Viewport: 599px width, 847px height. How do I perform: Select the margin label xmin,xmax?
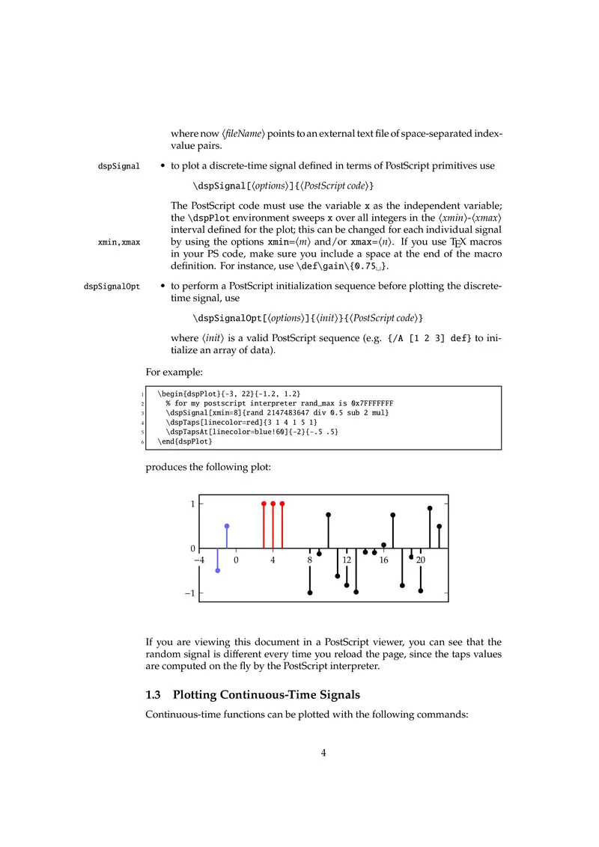(119, 242)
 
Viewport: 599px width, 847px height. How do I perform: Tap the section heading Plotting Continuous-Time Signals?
(288, 696)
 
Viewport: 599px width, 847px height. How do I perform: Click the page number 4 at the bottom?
(323, 753)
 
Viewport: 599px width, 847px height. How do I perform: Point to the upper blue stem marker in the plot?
(227, 526)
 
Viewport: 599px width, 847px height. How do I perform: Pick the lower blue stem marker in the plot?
(218, 571)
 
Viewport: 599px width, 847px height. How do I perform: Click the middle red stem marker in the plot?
(273, 504)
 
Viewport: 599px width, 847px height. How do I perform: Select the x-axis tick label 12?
(347, 560)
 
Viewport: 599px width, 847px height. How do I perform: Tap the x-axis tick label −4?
(199, 560)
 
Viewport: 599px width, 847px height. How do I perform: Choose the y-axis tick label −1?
(190, 593)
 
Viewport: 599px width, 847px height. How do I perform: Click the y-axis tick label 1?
(192, 504)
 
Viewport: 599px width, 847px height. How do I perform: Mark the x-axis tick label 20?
(421, 560)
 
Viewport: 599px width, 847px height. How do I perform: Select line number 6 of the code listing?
(142, 441)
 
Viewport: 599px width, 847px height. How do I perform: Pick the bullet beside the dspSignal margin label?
(162, 165)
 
